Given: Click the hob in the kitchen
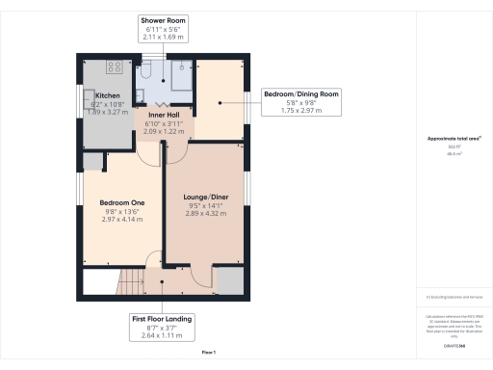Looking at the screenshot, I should coord(114,68).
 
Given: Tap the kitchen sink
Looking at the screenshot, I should coord(88,98).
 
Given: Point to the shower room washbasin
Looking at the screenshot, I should coord(140,94).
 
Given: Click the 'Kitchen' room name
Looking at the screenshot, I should coord(107,95).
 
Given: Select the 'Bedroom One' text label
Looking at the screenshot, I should coord(121,202).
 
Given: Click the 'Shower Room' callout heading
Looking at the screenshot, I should coord(163,19).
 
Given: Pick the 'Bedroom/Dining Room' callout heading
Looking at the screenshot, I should coord(302,94).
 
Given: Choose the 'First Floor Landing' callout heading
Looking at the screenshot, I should coord(162,319).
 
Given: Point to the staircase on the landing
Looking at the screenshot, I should coord(129,282).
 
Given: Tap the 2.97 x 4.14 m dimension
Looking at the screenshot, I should coord(121,220).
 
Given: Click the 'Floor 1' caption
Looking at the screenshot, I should coord(209,354).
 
